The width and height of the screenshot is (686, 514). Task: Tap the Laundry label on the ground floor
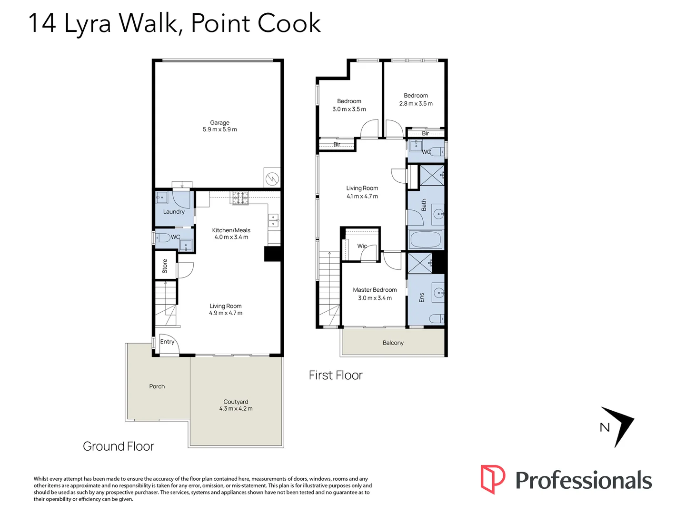coord(174,212)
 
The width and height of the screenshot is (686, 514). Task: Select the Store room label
coord(165,266)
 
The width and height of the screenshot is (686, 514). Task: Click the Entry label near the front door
coord(167,342)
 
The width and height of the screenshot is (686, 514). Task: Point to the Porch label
coord(157,386)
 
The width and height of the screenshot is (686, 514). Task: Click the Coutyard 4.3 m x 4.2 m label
coord(236,405)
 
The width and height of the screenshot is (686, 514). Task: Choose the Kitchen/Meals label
coord(231,233)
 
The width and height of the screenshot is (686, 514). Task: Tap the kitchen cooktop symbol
coord(240,198)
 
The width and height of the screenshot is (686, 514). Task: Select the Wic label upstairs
coord(362,246)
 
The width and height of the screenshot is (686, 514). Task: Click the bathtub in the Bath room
coord(426,239)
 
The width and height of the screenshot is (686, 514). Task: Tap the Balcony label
coord(393,343)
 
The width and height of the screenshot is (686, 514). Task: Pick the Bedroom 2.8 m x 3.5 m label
coord(416,99)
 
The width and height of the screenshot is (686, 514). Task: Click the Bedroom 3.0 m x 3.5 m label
coord(349,105)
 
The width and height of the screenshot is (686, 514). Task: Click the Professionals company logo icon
coord(492,479)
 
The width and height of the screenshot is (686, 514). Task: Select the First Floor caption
coord(335,376)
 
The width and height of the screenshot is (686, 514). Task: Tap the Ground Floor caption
coord(119,446)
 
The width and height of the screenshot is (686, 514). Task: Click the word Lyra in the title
coord(88,24)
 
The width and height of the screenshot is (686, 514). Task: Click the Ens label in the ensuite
coord(421,297)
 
